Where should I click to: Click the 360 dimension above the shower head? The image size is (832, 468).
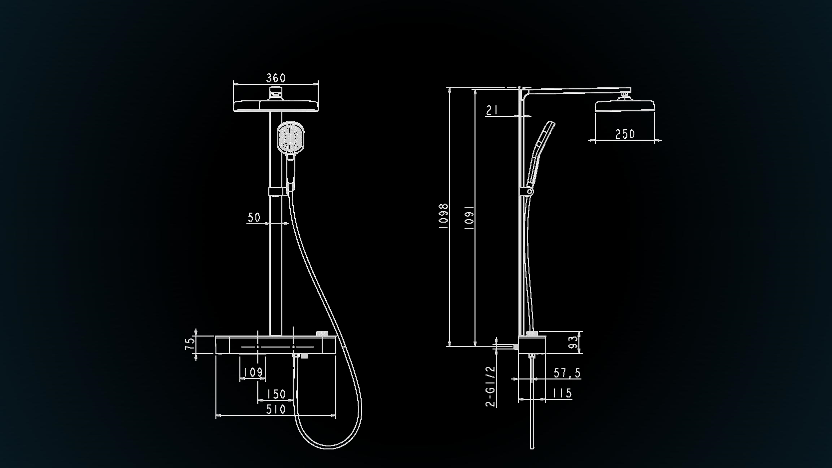point(275,78)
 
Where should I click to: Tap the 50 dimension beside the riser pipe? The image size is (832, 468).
point(254,217)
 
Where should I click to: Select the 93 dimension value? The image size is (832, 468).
point(573,342)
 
